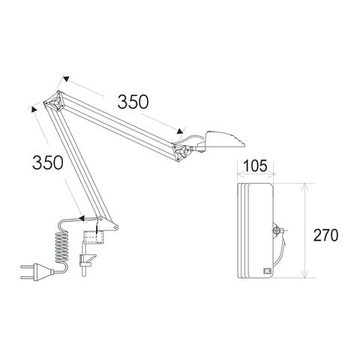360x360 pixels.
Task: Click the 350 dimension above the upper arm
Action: click(133, 102)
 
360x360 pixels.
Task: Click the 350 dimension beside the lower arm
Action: click(47, 163)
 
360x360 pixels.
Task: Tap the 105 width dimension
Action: click(255, 166)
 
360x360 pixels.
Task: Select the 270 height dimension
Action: click(325, 235)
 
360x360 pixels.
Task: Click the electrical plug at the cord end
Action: click(37, 272)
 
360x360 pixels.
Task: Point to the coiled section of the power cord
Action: click(61, 247)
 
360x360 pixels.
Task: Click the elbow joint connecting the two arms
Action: click(55, 101)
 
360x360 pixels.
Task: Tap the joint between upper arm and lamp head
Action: click(181, 151)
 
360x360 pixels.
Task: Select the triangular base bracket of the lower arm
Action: click(108, 224)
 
